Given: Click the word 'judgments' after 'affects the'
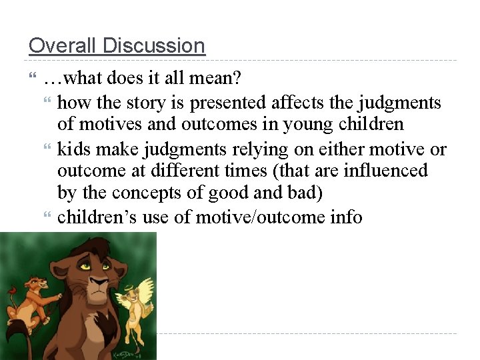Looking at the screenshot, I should tap(399, 103).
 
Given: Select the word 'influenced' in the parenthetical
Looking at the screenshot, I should tap(385, 171).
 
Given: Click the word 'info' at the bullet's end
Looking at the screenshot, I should tap(345, 217).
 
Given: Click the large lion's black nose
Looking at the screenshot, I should tap(97, 284).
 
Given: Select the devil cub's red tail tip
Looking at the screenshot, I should tap(11, 293).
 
